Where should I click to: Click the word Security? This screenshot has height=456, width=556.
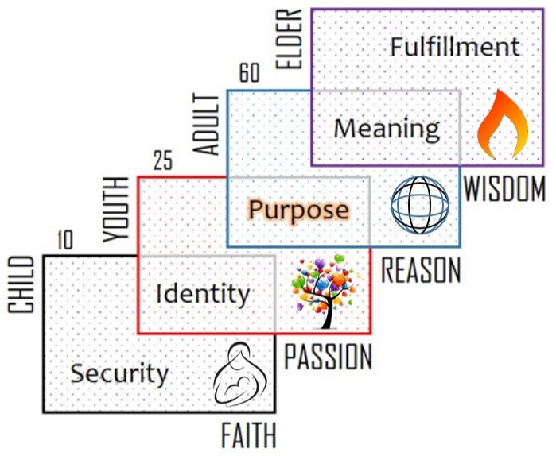[x=119, y=373]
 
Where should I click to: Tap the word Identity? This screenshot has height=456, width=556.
[x=202, y=294]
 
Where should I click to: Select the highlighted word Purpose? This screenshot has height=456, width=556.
[x=297, y=210]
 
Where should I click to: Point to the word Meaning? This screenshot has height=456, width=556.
[x=386, y=127]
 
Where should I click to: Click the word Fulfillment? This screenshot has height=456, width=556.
[x=454, y=46]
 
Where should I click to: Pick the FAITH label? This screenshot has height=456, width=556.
[x=248, y=436]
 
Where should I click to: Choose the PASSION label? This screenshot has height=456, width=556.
[x=328, y=357]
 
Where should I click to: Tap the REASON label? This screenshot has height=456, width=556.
[x=421, y=271]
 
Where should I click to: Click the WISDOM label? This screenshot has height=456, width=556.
[x=504, y=190]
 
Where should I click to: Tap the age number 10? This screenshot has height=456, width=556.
[x=66, y=241]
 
